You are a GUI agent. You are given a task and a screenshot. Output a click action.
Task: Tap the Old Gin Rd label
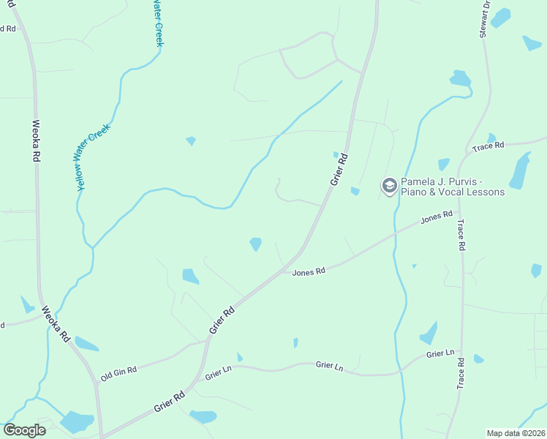(x=118, y=372)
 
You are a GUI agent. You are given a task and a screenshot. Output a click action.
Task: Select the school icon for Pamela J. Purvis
(x=389, y=186)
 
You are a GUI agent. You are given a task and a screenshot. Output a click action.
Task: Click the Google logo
(x=24, y=430)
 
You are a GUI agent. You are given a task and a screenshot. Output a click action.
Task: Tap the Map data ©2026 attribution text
(x=515, y=433)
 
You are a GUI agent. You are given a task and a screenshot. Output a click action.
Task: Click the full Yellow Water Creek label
(x=94, y=157)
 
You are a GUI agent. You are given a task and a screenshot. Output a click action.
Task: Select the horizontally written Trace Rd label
(x=488, y=146)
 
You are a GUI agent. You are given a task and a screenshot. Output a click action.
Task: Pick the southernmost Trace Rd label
(x=461, y=373)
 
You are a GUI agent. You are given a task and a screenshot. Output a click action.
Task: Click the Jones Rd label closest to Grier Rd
(x=308, y=272)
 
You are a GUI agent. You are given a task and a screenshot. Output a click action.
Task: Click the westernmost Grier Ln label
(x=219, y=375)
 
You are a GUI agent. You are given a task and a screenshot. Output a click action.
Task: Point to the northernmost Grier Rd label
(x=338, y=168)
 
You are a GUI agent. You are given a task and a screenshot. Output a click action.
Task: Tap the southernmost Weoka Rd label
(x=55, y=324)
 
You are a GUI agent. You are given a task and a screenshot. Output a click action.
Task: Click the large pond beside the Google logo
(x=76, y=422)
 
